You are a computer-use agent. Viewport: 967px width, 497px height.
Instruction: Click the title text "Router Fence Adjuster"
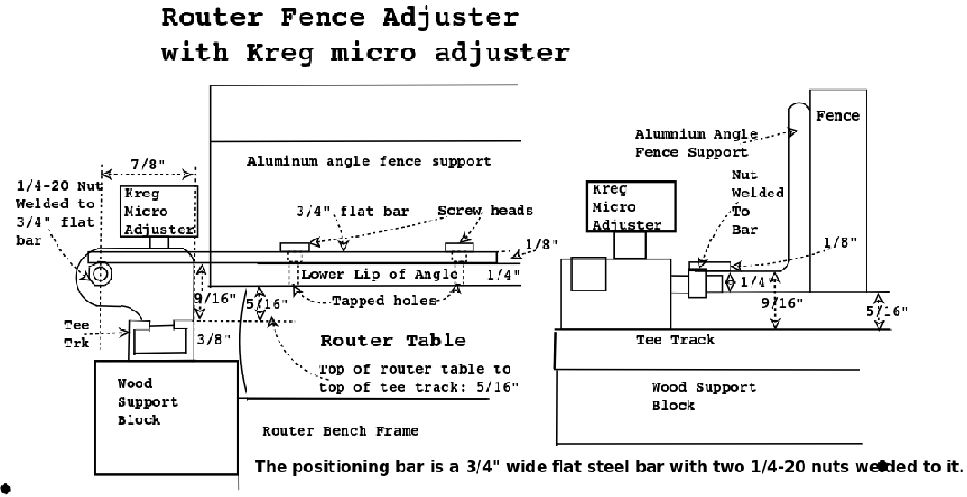pyautogui.click(x=340, y=17)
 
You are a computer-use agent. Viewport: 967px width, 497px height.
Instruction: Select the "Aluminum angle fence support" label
pyautogui.click(x=369, y=162)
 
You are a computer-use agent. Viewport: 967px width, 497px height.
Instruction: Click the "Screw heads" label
pyautogui.click(x=485, y=210)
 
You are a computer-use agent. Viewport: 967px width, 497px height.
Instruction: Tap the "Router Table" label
pyautogui.click(x=393, y=341)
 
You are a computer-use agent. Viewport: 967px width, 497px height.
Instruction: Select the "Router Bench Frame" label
pyautogui.click(x=341, y=430)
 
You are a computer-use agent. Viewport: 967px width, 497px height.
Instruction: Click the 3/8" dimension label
pyautogui.click(x=207, y=338)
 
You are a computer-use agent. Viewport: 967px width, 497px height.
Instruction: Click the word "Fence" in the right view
pyautogui.click(x=837, y=116)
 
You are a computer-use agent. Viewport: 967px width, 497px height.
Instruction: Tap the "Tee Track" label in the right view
pyautogui.click(x=675, y=340)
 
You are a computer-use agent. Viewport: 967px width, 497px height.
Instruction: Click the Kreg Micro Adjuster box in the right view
pyautogui.click(x=630, y=206)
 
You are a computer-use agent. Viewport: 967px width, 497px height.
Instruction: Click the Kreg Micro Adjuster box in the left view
pyautogui.click(x=159, y=211)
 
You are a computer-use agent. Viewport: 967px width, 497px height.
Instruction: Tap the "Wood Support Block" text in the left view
pyautogui.click(x=147, y=402)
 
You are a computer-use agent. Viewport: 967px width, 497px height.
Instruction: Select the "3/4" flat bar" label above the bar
pyautogui.click(x=352, y=211)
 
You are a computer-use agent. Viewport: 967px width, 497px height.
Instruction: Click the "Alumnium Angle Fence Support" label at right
pyautogui.click(x=683, y=143)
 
